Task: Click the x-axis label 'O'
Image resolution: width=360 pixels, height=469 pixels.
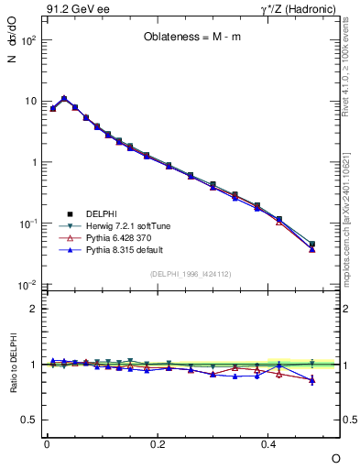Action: (x=334, y=458)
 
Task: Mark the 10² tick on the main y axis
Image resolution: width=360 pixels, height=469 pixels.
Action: (x=30, y=40)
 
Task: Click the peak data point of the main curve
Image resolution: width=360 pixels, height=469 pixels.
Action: (x=64, y=98)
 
